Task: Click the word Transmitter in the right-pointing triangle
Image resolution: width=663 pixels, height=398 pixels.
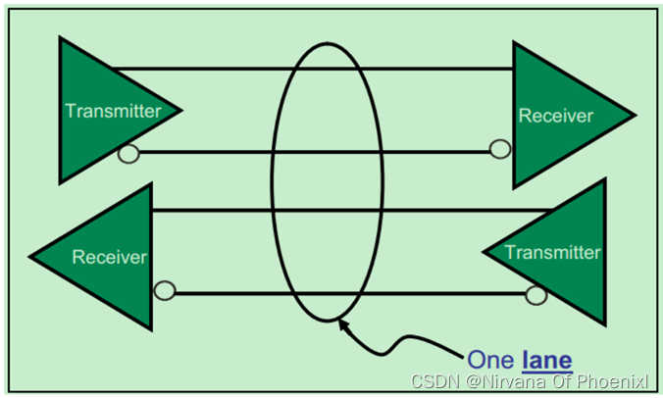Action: (113, 111)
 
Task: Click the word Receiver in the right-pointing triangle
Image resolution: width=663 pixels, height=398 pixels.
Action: (555, 116)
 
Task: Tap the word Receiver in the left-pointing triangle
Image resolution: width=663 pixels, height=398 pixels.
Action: (109, 257)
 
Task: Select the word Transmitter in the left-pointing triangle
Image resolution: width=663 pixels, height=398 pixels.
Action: (552, 252)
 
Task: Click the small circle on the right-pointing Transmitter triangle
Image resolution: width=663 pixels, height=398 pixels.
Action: (127, 153)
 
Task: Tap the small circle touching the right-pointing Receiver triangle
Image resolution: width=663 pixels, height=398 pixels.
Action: (499, 149)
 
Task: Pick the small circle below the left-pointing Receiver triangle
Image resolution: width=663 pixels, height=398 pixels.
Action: (165, 291)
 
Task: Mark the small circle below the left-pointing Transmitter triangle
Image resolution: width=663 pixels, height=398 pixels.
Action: (535, 294)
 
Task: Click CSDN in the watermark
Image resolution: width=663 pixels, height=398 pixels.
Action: (433, 381)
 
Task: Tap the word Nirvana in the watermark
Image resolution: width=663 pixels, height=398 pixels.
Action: (505, 381)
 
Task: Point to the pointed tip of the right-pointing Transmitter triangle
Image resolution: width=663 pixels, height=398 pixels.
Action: (183, 109)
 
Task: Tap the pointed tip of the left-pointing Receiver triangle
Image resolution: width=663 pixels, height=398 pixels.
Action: (29, 257)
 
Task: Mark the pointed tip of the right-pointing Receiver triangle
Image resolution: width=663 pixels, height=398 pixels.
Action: (635, 115)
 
